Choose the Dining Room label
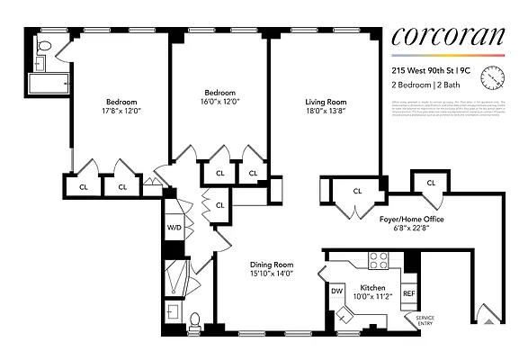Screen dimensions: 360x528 270,265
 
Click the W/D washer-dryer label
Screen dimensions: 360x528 174,228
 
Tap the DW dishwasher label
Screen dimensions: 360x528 338,291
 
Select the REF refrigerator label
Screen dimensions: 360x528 408,293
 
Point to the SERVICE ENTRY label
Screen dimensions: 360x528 424,321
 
